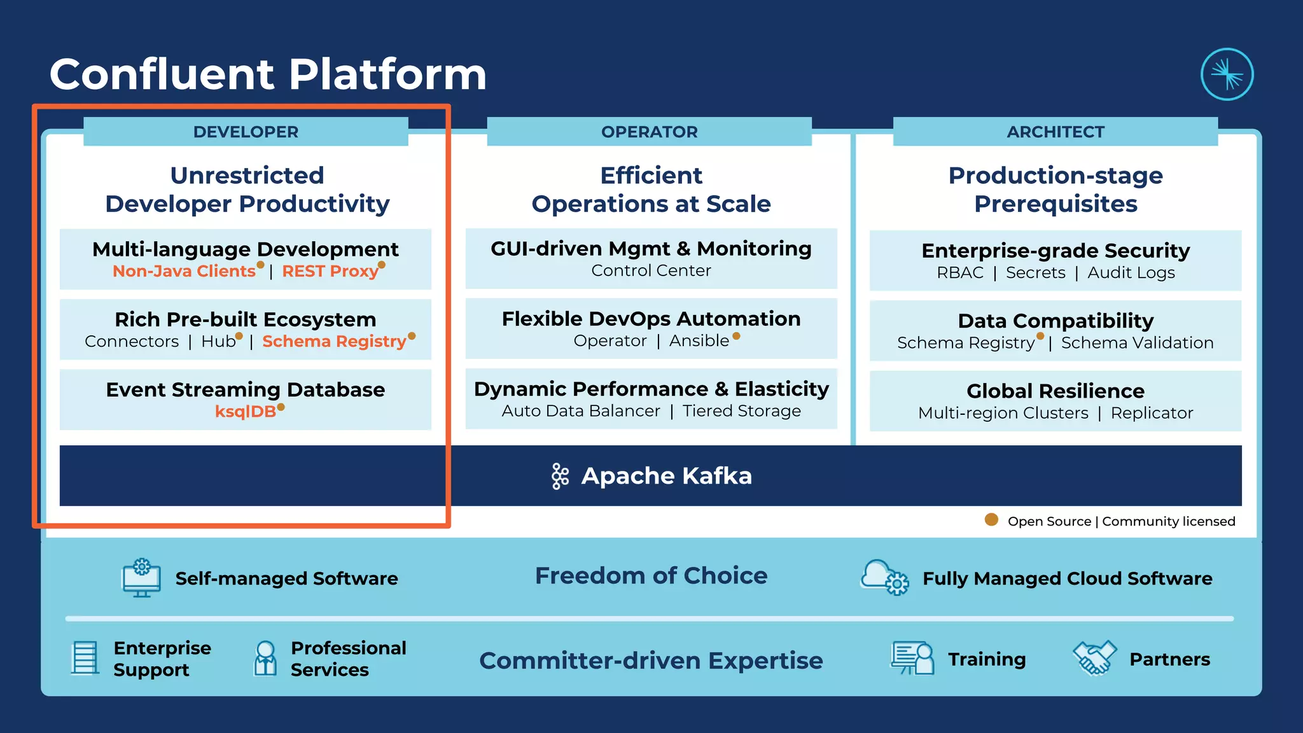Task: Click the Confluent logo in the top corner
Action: [x=1227, y=74]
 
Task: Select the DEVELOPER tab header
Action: [x=246, y=132]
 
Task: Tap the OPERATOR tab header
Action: [x=649, y=132]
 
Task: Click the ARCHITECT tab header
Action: [x=1055, y=132]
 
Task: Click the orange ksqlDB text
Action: [x=246, y=412]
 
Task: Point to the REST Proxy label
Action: [x=330, y=272]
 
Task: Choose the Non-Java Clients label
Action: [x=184, y=272]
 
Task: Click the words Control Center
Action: [x=651, y=271]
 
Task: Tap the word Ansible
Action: [x=699, y=341]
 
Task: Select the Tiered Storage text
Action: [x=741, y=411]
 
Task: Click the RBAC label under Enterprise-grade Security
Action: [x=959, y=273]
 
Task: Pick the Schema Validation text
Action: [x=1137, y=343]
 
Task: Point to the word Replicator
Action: [x=1152, y=413]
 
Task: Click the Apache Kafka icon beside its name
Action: [x=560, y=476]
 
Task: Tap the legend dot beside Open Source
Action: [x=991, y=520]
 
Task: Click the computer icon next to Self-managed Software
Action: [x=141, y=578]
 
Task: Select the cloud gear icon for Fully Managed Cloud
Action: [x=884, y=577]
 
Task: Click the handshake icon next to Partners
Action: [x=1094, y=657]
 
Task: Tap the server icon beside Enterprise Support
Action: [x=85, y=658]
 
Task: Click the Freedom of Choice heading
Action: [x=651, y=576]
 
